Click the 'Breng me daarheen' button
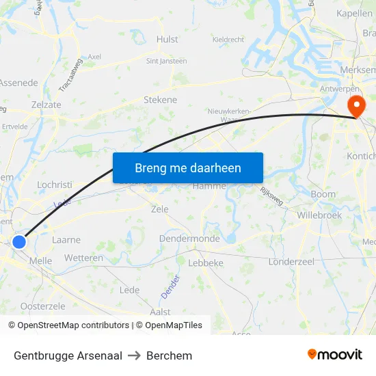(188, 167)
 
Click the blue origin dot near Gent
(19, 241)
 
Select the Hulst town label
(167, 40)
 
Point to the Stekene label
(160, 100)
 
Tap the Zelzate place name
(46, 104)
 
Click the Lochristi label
(55, 185)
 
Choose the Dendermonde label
(189, 239)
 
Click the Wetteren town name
(84, 258)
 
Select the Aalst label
(159, 311)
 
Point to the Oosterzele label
(42, 306)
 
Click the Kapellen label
(355, 13)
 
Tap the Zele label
(159, 209)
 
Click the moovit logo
(335, 355)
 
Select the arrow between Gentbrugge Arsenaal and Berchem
(133, 355)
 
